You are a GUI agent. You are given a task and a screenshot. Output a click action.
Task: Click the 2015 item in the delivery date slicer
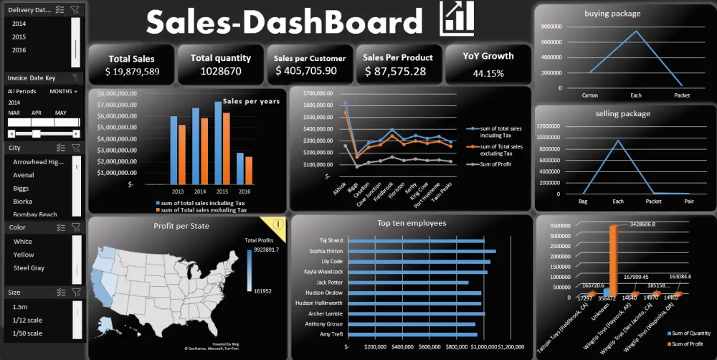click(x=19, y=37)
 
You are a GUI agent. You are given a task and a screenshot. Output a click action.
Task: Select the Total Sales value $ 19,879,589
click(x=132, y=72)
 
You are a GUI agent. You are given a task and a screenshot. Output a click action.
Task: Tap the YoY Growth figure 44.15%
click(x=488, y=73)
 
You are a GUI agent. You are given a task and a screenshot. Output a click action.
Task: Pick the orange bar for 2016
click(x=249, y=171)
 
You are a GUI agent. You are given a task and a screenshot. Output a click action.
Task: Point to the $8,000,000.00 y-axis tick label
click(x=115, y=93)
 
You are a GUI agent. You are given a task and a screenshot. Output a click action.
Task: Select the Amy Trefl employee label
click(x=332, y=334)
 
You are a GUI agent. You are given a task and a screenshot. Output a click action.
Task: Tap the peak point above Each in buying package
click(x=636, y=31)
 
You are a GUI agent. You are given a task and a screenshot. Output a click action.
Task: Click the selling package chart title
click(x=622, y=114)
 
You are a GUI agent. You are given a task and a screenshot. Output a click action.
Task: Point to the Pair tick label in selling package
click(x=688, y=202)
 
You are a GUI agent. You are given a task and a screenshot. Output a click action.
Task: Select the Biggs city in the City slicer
click(x=21, y=189)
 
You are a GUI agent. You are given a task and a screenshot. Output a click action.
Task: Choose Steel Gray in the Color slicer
click(x=29, y=268)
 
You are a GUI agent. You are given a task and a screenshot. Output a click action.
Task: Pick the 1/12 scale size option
click(x=28, y=320)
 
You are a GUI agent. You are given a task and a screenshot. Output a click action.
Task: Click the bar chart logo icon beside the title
click(x=457, y=19)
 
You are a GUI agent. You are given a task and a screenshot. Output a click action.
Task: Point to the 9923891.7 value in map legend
click(x=266, y=250)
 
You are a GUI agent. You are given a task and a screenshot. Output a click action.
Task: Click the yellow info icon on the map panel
click(x=278, y=224)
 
